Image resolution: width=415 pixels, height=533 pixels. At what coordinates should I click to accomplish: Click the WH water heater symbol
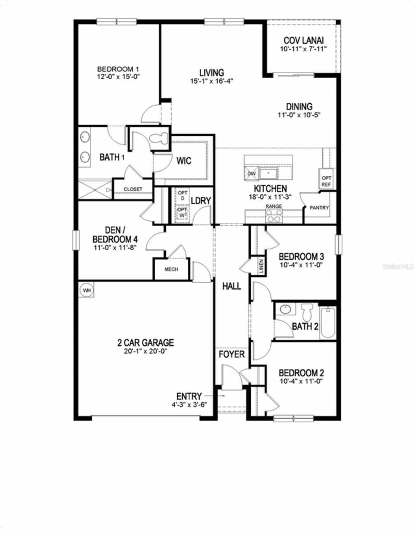pos(87,290)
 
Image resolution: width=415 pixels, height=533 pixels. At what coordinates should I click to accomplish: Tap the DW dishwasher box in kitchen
pos(252,174)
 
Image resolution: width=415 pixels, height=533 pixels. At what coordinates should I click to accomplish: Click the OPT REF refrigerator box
pos(326,181)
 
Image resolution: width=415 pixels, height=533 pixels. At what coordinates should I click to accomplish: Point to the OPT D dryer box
pos(183,196)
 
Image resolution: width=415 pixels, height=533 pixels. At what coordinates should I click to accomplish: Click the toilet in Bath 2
pos(306,312)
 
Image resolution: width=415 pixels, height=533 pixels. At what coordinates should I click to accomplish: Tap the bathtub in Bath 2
pos(328,323)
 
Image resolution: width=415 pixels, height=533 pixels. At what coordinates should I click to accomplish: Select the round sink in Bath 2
pos(286,309)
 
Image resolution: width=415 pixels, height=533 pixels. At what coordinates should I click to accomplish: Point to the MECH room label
pos(171,269)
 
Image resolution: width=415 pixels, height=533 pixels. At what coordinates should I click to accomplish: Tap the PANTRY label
pos(319,208)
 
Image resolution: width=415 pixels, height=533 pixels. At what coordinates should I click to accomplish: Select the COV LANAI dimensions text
pos(303,49)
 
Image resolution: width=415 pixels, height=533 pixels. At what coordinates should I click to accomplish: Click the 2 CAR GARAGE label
pos(146,343)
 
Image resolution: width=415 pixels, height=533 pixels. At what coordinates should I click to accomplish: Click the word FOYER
pos(231,354)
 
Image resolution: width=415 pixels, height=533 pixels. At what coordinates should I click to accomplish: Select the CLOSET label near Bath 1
pos(133,189)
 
